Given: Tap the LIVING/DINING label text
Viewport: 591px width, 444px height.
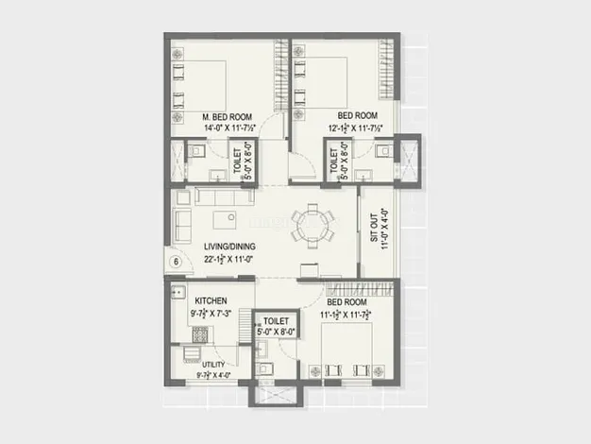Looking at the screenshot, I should [x=229, y=248].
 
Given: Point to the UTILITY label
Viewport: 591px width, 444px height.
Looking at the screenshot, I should [x=213, y=365].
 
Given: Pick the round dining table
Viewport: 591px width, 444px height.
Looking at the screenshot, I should [x=312, y=227].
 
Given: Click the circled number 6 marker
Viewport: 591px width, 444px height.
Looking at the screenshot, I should [x=176, y=262].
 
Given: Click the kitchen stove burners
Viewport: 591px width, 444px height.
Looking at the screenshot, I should [x=200, y=334].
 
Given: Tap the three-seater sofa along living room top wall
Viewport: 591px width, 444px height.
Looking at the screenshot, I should [x=224, y=197].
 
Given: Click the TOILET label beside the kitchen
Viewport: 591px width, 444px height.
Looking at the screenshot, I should [x=276, y=321].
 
